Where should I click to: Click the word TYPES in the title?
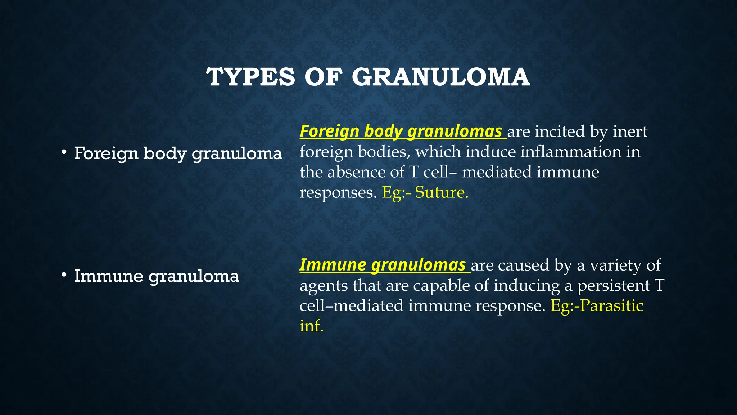coord(250,77)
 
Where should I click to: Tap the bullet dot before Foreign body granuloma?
coord(64,153)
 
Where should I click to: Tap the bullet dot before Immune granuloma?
coord(64,276)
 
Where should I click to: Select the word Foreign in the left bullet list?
coord(106,153)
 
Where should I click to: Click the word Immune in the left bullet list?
coord(109,276)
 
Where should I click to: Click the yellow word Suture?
coord(442,192)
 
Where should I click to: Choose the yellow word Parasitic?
coord(611,306)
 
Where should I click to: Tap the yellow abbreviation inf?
coord(312,326)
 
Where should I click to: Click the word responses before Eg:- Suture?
coord(338,193)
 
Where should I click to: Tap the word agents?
coord(324,286)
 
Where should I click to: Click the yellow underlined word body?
coord(383,131)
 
